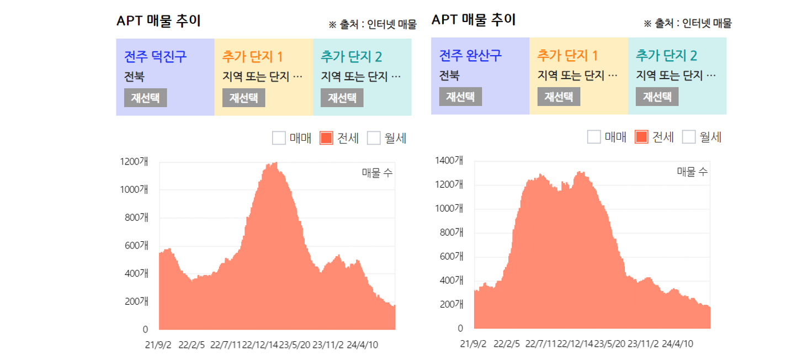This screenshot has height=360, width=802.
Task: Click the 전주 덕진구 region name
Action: (155, 56)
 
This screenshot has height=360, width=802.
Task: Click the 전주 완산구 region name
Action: (470, 55)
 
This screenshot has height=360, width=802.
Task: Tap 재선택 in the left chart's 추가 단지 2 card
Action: (342, 98)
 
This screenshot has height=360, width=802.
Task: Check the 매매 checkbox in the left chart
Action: (279, 138)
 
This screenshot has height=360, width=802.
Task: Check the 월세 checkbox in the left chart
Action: (374, 138)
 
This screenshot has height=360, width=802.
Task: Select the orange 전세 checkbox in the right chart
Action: (641, 137)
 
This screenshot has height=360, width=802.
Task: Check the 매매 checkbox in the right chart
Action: (594, 137)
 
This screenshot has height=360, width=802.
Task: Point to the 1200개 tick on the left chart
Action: (134, 162)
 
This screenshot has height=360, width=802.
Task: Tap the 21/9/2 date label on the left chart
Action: (158, 345)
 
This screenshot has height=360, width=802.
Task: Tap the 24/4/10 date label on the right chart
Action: (678, 344)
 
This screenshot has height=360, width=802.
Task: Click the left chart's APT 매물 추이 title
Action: (158, 21)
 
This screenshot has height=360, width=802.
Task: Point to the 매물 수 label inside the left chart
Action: (377, 173)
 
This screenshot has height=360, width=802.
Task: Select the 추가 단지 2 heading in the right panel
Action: (666, 55)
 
